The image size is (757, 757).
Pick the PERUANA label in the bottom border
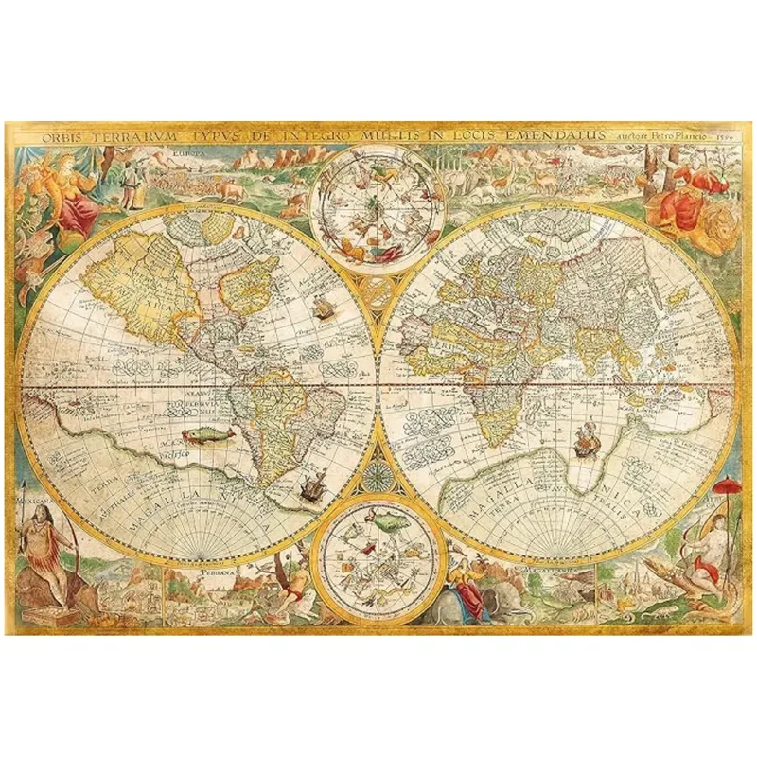(x=215, y=572)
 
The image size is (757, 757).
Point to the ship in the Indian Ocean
(x=585, y=437)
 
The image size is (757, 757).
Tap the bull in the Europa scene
(x=230, y=189)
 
